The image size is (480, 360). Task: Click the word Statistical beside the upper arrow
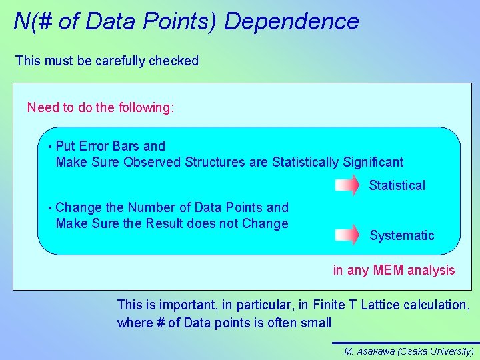tap(397, 185)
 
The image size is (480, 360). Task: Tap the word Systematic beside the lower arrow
tap(401, 235)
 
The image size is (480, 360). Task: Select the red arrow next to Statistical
tap(347, 185)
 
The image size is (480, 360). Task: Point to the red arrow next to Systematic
tap(347, 235)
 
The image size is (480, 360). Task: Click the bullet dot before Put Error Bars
tap(50, 147)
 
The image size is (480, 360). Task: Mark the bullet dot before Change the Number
tap(50, 208)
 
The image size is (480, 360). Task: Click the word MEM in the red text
tap(388, 270)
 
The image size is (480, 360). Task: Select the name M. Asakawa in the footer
tap(369, 351)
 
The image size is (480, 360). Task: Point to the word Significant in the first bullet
tap(373, 162)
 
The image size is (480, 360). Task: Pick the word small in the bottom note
tap(315, 323)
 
